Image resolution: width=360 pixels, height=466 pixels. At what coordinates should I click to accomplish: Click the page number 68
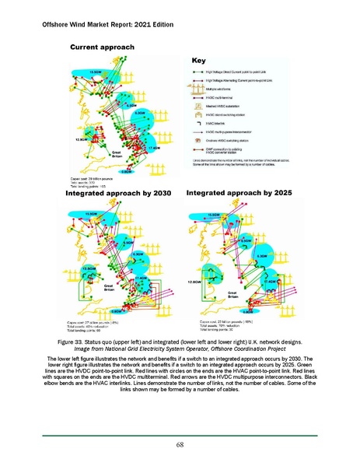180,443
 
